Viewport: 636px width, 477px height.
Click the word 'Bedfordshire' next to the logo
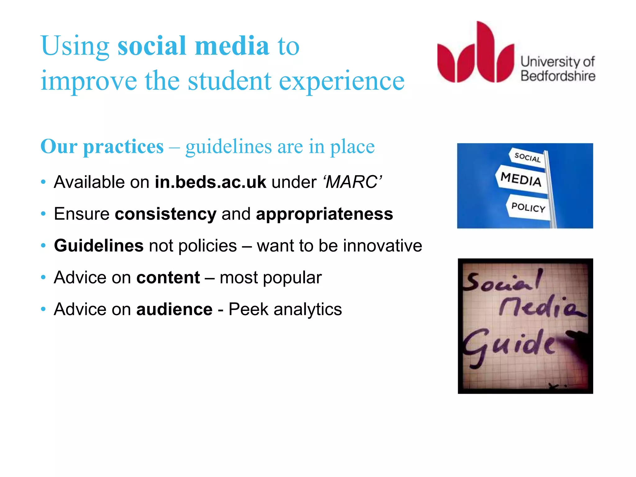(x=558, y=76)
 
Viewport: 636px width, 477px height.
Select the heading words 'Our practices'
(x=102, y=147)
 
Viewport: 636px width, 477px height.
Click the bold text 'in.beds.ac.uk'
(x=210, y=182)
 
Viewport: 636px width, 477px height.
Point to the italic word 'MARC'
(x=352, y=182)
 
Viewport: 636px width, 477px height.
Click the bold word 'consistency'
(x=166, y=214)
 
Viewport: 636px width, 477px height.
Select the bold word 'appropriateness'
(x=324, y=214)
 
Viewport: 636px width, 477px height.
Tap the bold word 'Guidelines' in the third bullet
(x=99, y=246)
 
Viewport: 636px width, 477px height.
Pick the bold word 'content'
(x=168, y=277)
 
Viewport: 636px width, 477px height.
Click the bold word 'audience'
(x=174, y=309)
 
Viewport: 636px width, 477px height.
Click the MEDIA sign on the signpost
(x=521, y=179)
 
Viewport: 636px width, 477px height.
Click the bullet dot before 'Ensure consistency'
(x=43, y=214)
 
